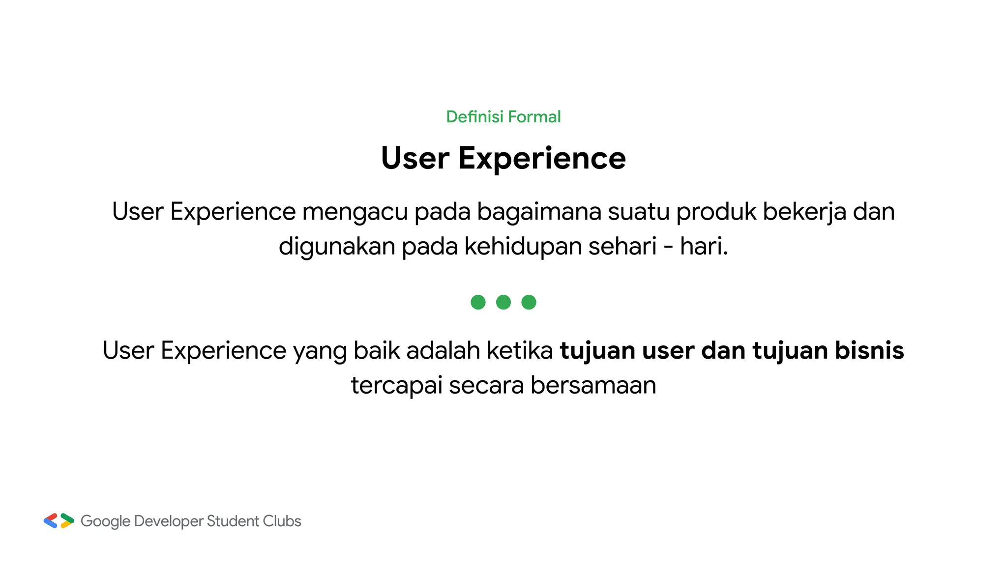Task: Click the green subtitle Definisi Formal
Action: [x=503, y=117]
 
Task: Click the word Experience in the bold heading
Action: [x=542, y=159]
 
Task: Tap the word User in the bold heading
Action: [x=415, y=159]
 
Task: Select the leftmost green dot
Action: [x=478, y=302]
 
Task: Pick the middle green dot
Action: [x=503, y=302]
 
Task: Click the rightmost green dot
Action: [x=529, y=302]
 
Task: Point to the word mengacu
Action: [x=355, y=212]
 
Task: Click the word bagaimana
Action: [x=539, y=212]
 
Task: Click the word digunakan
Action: [x=337, y=247]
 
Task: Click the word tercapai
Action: [x=396, y=386]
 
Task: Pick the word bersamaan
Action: [x=593, y=386]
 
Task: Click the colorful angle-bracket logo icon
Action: [x=59, y=521]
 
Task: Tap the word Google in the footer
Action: [x=105, y=521]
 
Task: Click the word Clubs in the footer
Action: [x=282, y=521]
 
